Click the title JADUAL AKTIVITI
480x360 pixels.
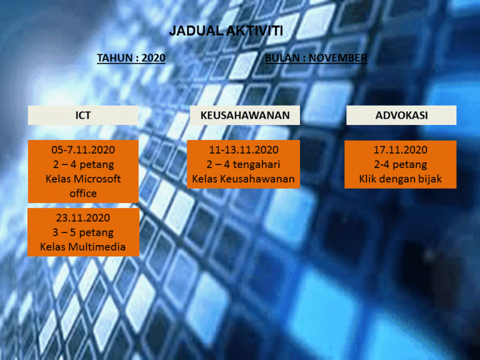pos(226,31)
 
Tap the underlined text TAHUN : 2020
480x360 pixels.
pos(131,58)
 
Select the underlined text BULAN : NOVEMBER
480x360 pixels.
pos(316,58)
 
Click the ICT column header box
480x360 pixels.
pos(83,115)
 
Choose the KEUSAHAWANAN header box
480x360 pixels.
pos(245,115)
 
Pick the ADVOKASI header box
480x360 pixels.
pos(401,115)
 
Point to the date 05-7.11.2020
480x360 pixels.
pos(83,150)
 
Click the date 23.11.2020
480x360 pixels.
pos(83,217)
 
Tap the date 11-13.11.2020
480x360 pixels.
pos(244,150)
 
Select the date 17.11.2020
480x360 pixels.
pos(401,150)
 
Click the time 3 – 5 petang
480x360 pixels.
pos(83,232)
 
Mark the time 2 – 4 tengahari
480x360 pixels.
pos(243,164)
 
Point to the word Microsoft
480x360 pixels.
pos(97,179)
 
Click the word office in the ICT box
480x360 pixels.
pos(83,194)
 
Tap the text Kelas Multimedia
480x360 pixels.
pos(82,247)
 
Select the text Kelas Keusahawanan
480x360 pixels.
pos(243,179)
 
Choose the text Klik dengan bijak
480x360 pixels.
pos(401,179)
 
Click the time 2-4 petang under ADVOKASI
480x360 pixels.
pos(401,164)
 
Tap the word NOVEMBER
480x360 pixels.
pos(338,58)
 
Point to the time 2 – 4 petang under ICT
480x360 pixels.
pos(83,164)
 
